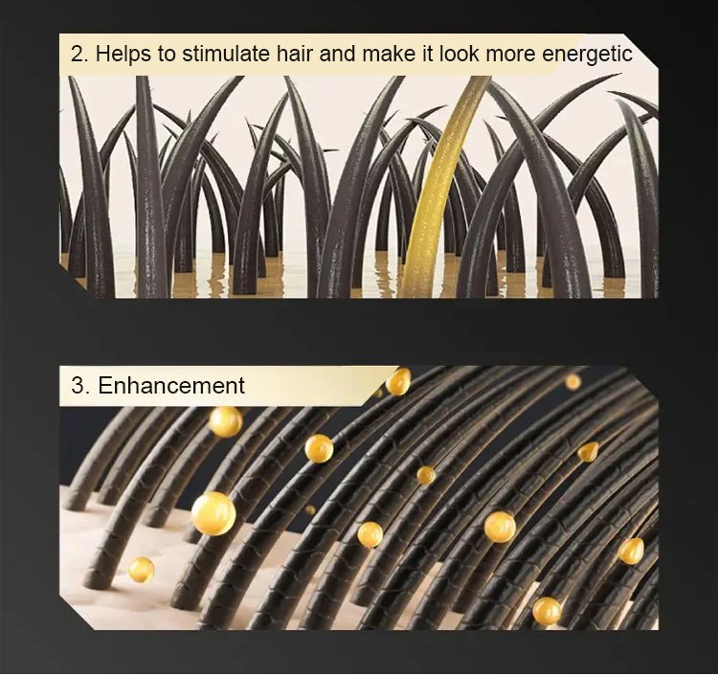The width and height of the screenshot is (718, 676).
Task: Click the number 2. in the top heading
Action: [79, 54]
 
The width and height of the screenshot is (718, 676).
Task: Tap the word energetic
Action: [587, 55]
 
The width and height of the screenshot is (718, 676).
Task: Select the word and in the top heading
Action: [337, 54]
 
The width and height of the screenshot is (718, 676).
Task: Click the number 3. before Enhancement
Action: [79, 385]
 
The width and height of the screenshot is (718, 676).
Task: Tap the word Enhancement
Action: [171, 385]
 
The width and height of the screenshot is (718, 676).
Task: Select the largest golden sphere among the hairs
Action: [213, 513]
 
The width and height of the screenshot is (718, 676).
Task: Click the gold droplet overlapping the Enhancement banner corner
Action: [398, 381]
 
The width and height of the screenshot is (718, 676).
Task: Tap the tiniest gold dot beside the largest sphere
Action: [310, 509]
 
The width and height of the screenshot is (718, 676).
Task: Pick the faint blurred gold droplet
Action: [572, 381]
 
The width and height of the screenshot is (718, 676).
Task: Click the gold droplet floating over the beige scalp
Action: [141, 570]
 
